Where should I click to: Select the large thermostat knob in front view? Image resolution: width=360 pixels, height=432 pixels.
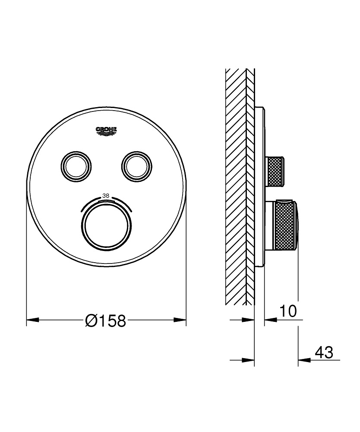106,225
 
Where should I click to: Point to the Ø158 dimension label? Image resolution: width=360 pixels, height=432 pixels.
106,321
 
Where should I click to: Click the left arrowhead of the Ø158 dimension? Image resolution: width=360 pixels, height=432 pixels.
33,320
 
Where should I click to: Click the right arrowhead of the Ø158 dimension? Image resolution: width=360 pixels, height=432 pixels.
180,320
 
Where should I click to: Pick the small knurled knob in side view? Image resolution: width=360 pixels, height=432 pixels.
276,171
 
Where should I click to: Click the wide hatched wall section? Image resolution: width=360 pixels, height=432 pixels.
235,186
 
